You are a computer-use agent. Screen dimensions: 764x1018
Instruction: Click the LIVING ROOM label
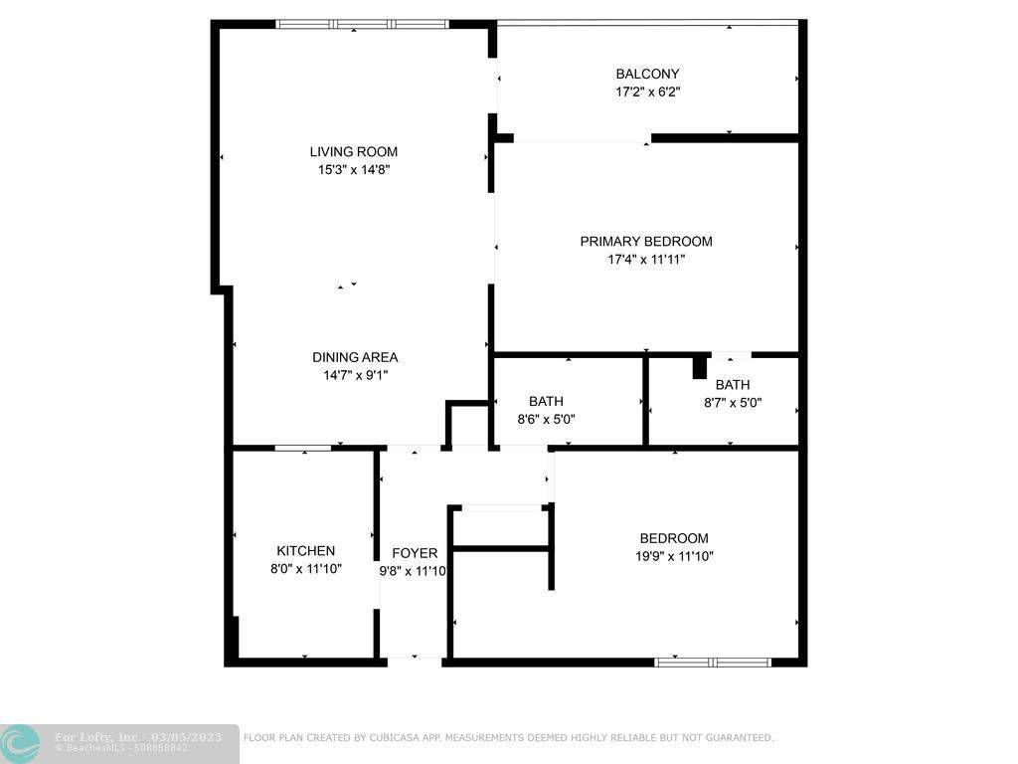point(353,152)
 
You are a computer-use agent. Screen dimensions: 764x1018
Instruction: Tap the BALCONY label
point(647,74)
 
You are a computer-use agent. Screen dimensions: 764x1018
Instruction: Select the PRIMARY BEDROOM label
point(646,241)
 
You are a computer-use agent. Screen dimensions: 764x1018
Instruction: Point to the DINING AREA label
point(355,357)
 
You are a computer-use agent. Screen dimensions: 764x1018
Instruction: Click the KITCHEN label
point(305,550)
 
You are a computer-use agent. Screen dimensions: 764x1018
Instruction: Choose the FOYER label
point(415,553)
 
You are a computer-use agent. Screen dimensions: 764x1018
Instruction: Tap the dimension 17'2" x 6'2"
point(647,92)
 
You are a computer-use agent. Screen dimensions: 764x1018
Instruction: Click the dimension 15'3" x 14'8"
point(353,170)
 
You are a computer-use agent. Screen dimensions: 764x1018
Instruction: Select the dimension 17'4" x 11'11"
point(646,259)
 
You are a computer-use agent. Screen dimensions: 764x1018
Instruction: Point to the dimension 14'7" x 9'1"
point(355,375)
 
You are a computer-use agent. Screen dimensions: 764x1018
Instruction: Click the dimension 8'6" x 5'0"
point(546,419)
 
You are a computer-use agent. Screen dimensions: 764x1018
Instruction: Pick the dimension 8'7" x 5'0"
point(733,403)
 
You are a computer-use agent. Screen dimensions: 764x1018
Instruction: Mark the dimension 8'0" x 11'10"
point(305,568)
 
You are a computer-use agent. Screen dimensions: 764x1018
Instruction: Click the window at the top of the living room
point(362,24)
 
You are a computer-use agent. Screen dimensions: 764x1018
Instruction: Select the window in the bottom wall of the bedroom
point(712,661)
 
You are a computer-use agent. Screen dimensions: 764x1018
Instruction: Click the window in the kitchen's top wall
point(302,448)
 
